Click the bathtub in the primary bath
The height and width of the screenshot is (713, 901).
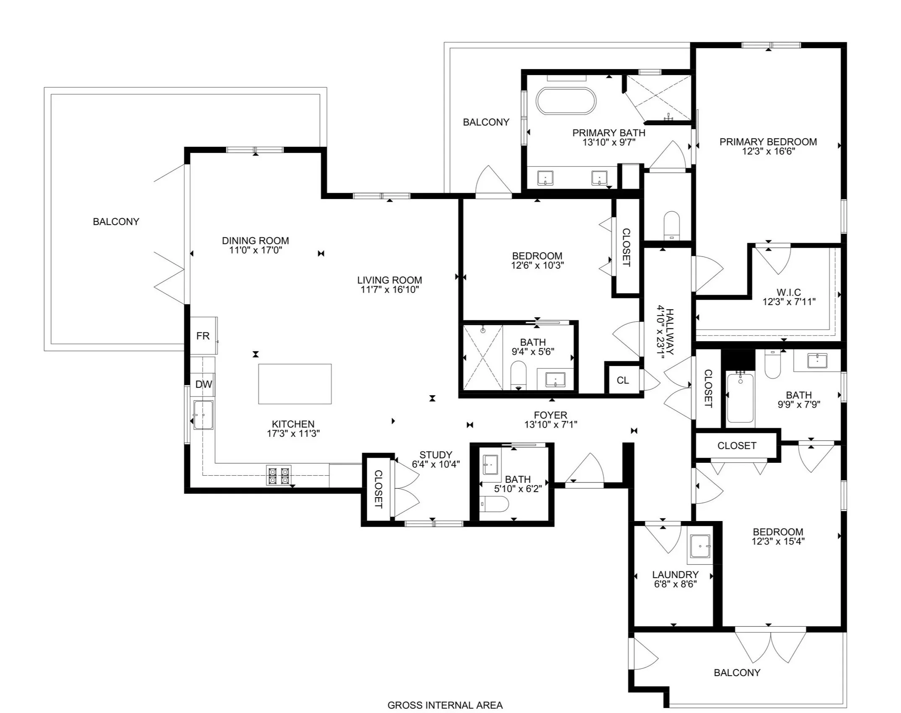click(566, 101)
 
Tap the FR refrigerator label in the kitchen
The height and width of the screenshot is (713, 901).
click(203, 336)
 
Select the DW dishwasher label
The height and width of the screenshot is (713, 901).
click(204, 384)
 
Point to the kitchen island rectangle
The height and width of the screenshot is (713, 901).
click(295, 384)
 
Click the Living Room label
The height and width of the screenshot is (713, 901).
click(390, 280)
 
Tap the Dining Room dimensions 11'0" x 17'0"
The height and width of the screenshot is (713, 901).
click(255, 250)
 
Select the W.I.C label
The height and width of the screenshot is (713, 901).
click(789, 292)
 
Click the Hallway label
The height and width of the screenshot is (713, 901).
click(670, 332)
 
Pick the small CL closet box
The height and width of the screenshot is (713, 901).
click(623, 380)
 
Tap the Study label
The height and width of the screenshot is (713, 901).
click(436, 455)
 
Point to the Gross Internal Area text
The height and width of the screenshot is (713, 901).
click(445, 705)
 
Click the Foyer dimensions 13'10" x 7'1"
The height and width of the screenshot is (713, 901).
click(551, 424)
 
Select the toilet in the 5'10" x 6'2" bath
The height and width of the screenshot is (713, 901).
click(494, 504)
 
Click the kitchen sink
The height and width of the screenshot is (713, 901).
click(203, 415)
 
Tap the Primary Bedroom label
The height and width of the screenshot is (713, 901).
click(768, 142)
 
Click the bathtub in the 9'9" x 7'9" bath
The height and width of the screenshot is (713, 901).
click(740, 397)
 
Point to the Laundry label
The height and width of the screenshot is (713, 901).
click(675, 574)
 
